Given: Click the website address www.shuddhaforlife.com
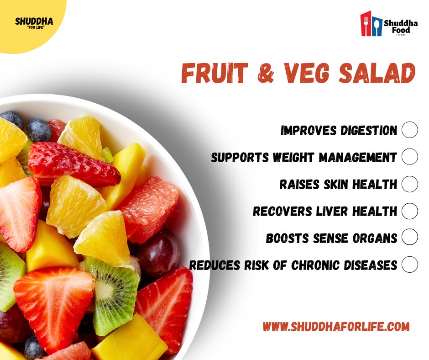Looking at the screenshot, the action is (336, 326).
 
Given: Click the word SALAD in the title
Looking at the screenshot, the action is (377, 73).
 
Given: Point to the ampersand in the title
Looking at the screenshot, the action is (266, 73).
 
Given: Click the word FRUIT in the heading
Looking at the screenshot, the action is (214, 73).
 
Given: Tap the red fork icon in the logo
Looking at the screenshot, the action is (366, 24).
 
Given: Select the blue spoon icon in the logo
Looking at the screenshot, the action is (377, 26).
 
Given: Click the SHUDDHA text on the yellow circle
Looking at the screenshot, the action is (34, 21).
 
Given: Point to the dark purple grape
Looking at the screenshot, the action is (159, 253).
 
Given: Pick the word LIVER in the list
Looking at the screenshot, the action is (332, 211).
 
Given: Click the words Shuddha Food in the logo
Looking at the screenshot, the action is (401, 26).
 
